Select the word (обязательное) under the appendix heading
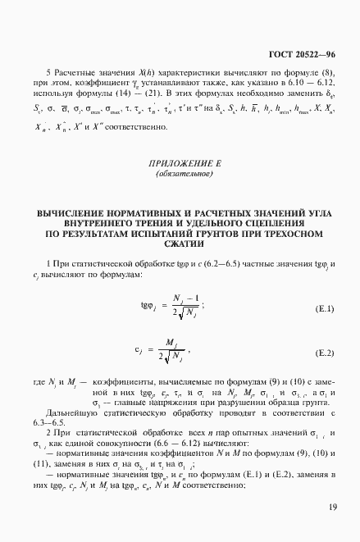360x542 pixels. [179, 175]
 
